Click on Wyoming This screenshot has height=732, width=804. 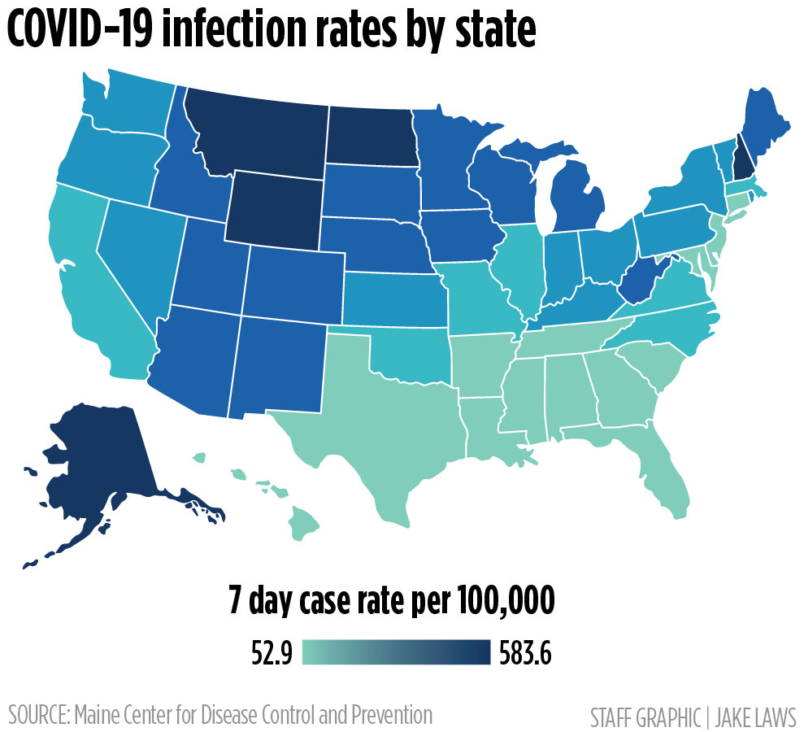(272, 207)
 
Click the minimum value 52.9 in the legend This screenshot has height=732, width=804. (272, 653)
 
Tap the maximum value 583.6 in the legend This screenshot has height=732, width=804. (524, 653)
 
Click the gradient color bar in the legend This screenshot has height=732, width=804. (396, 653)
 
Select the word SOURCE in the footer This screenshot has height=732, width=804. (37, 716)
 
